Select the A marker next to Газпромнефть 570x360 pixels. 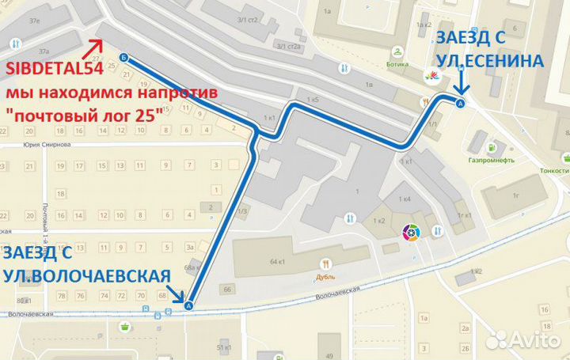(462, 102)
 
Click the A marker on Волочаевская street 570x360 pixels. (188, 305)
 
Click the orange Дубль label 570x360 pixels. (326, 277)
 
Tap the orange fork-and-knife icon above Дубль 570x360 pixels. (326, 265)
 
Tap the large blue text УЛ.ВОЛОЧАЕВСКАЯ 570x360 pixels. (86, 275)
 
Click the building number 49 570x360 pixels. (326, 337)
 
